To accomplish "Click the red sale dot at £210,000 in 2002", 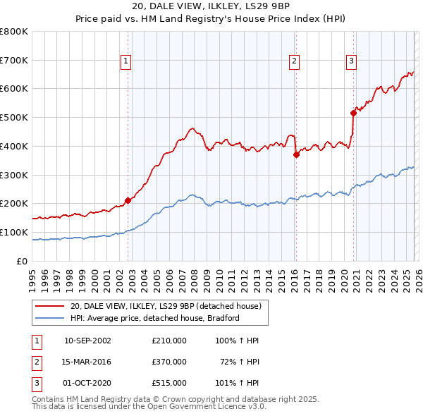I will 128,200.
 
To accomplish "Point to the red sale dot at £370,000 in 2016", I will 296,154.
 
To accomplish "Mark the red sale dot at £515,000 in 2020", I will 353,112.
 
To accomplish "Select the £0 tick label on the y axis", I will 21,261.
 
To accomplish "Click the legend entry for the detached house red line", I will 166,306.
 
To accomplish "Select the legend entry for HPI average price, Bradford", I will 155,318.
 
